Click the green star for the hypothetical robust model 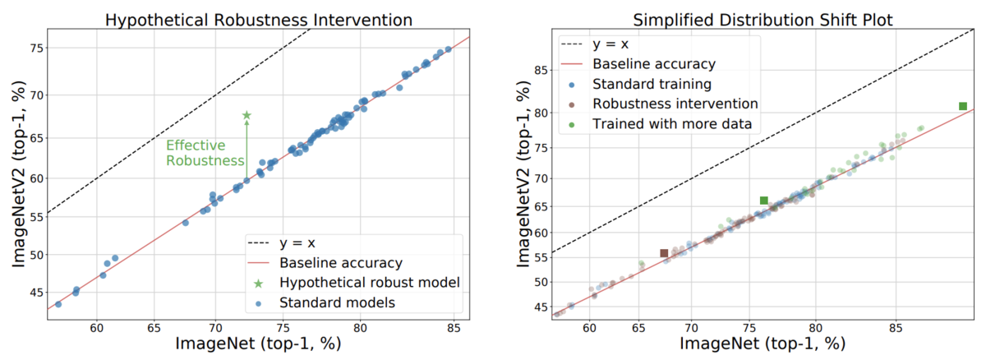click(246, 116)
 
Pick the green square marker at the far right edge click(963, 106)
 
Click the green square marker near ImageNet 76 click(763, 201)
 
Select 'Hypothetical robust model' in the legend click(368, 283)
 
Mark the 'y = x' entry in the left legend click(299, 243)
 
